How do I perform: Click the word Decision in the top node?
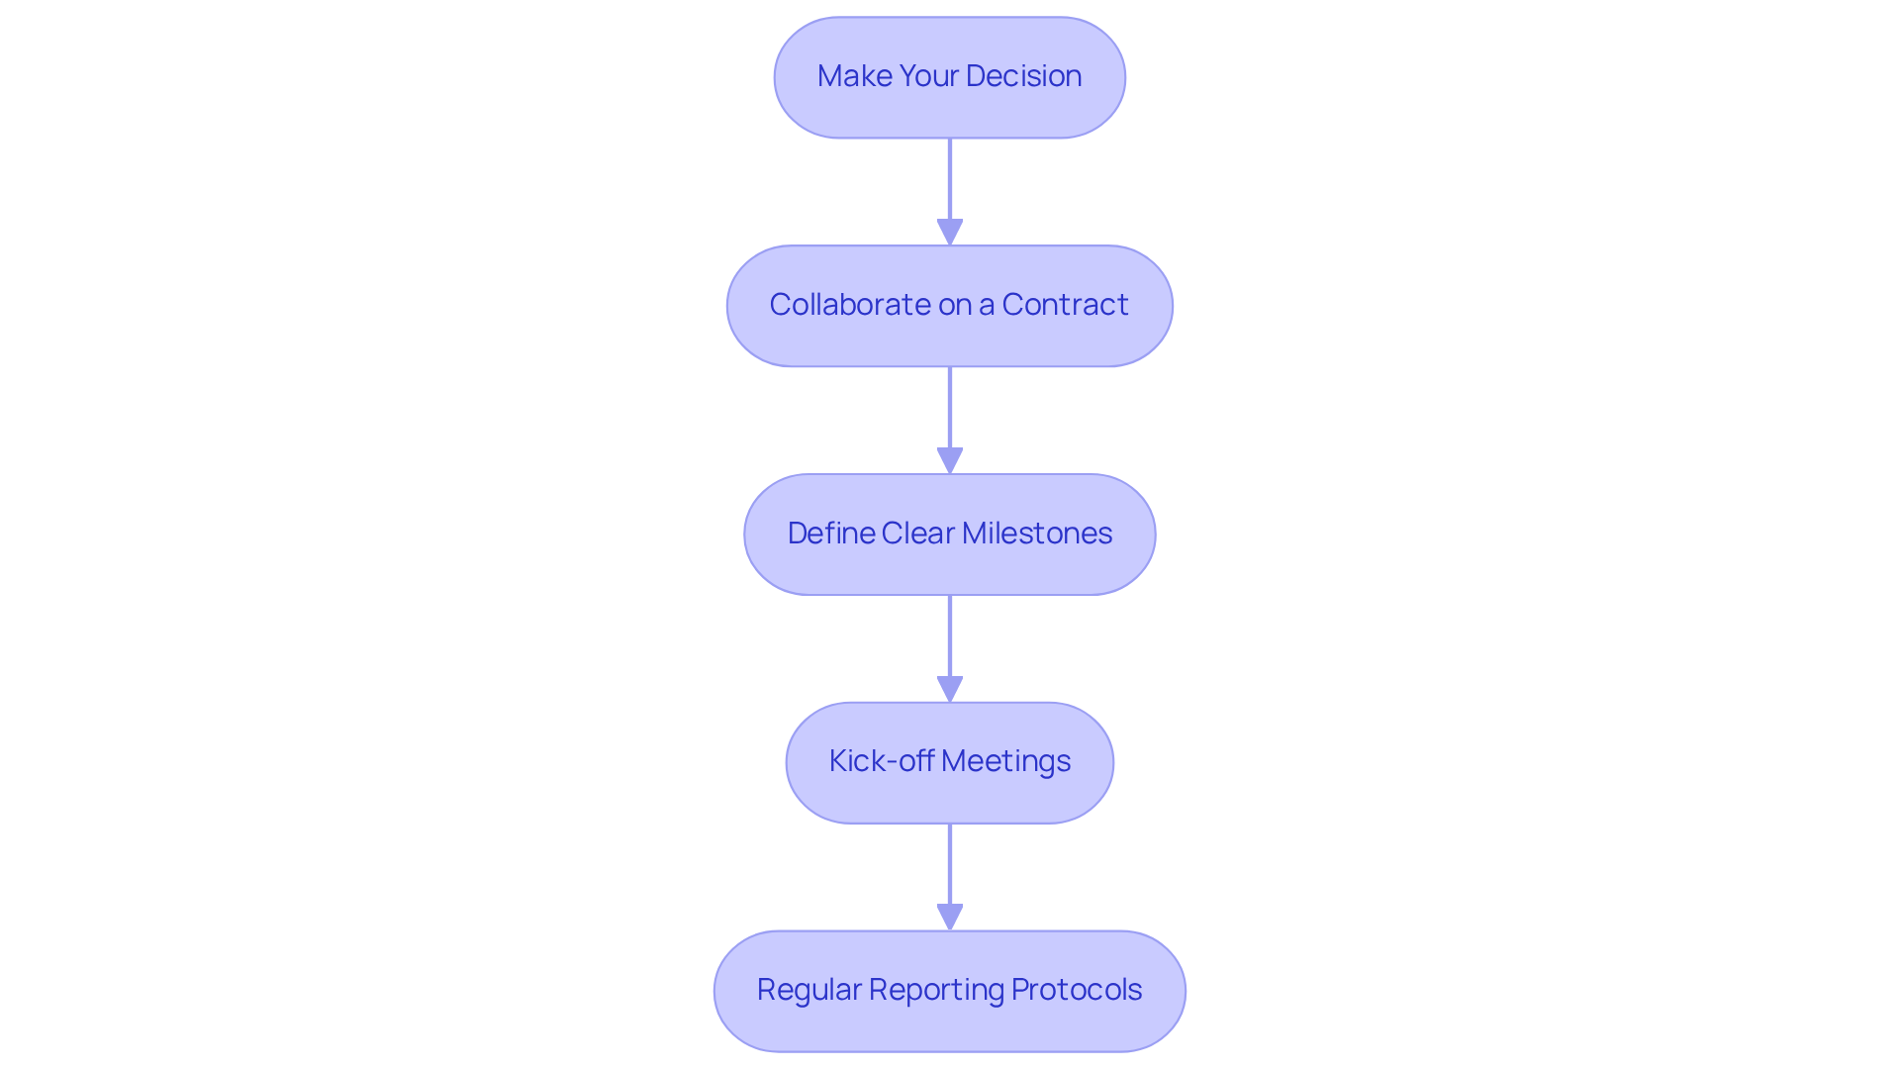1023,76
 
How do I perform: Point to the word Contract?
1065,305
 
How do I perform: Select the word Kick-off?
881,761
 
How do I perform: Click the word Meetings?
1005,761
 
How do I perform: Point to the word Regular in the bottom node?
808,990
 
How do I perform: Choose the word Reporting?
935,990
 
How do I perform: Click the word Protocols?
1077,990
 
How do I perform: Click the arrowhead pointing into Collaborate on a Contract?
950,233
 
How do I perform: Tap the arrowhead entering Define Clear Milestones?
950,461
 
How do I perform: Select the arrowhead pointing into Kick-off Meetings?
950,690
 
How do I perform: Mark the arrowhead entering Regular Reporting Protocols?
950,918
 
